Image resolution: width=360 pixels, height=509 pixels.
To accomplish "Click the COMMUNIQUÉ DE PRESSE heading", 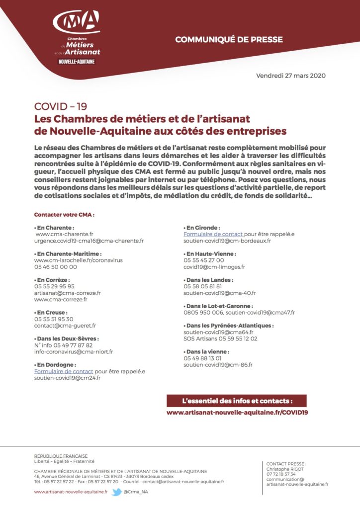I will (x=229, y=40).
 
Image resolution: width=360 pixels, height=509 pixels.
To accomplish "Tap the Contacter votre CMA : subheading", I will (x=64, y=215).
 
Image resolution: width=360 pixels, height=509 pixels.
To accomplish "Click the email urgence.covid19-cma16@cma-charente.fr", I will (x=89, y=241).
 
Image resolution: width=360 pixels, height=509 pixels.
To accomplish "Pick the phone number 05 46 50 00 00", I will (x=55, y=266).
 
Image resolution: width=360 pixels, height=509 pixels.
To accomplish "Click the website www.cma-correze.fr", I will (x=61, y=299).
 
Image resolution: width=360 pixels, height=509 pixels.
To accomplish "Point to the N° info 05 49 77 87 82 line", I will (x=63, y=345).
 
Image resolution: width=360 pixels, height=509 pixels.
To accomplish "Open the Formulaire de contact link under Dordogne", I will (x=63, y=371).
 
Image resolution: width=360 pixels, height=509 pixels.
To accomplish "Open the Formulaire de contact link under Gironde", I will (x=213, y=234).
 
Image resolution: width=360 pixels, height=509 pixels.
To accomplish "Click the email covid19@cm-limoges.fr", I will (x=214, y=266).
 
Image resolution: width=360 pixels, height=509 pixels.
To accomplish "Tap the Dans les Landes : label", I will (x=208, y=280).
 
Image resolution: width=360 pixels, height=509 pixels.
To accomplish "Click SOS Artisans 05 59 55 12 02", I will (x=220, y=339).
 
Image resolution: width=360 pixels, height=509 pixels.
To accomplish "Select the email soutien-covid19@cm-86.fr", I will (x=218, y=364).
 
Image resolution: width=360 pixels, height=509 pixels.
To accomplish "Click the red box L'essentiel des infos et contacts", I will (x=237, y=401).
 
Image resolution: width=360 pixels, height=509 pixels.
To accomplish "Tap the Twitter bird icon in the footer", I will (x=117, y=492).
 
